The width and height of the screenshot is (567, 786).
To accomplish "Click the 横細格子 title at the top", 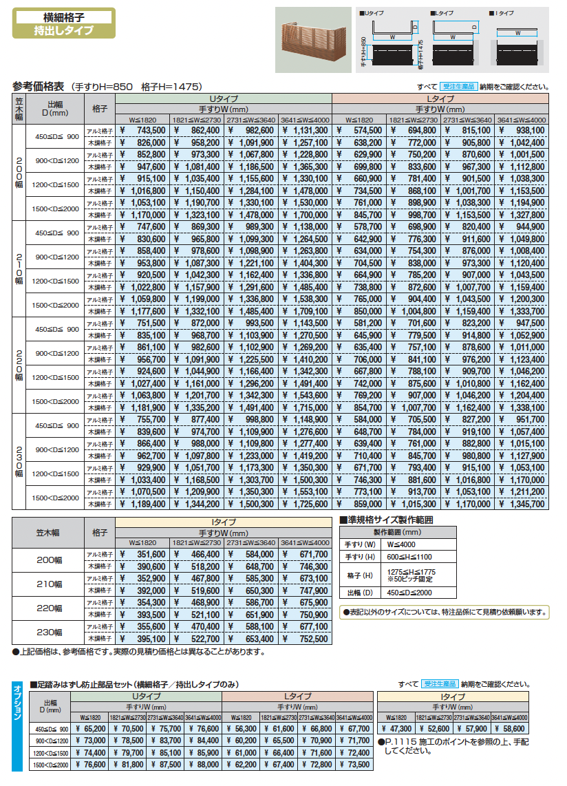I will click(63, 17).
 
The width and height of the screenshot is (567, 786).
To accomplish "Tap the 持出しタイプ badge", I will click(63, 31).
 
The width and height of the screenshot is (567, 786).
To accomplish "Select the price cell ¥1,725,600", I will click(305, 504).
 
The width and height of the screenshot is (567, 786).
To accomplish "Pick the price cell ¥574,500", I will click(359, 130).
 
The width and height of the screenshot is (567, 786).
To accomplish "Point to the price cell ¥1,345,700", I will click(521, 504).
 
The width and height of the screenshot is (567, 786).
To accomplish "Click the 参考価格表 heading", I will click(39, 87).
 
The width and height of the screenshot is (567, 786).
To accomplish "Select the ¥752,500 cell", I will click(305, 638).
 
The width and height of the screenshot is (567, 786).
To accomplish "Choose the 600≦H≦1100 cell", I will click(411, 557).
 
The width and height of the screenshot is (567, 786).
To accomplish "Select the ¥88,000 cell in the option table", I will click(204, 764).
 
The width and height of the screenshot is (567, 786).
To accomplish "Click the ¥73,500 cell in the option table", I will click(355, 764).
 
